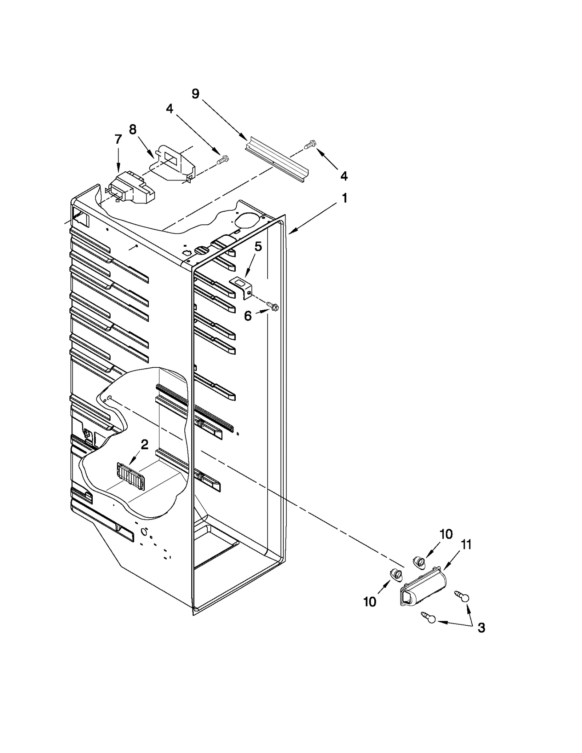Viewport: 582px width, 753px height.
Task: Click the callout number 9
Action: point(195,94)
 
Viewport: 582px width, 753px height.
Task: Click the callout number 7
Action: point(118,139)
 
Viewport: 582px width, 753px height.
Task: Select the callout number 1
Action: point(344,198)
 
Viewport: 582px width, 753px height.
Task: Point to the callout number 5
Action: point(258,247)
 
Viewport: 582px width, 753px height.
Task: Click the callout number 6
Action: point(248,316)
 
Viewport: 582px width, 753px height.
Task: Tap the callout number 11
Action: point(466,545)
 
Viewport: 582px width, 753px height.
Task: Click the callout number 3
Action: point(481,628)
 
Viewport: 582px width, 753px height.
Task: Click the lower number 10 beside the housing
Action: point(370,602)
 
